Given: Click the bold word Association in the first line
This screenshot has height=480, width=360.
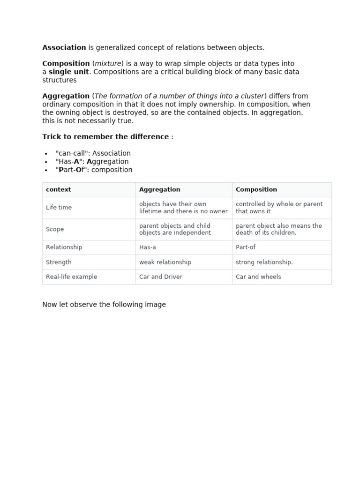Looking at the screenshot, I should [x=64, y=47].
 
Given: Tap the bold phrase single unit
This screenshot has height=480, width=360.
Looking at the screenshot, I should [x=68, y=72].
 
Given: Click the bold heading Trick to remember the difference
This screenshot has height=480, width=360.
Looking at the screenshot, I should [x=105, y=136].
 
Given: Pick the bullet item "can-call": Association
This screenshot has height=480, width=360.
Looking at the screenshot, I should [x=93, y=153].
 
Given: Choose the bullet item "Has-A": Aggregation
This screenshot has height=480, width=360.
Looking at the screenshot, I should [x=92, y=162].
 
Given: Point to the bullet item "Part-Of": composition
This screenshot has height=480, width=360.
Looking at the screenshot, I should [x=94, y=170].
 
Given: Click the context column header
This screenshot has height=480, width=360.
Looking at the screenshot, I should [x=59, y=189].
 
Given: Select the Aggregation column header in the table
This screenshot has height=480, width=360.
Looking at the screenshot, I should [x=159, y=189].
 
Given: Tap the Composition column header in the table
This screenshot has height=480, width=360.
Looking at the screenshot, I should [x=256, y=189].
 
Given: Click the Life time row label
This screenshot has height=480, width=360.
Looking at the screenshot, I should [x=59, y=207].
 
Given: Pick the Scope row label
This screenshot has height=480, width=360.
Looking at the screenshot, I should [x=55, y=229].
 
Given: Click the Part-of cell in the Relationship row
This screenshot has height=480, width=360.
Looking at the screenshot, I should [x=246, y=247].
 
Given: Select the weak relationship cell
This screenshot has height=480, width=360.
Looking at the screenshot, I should [x=165, y=262].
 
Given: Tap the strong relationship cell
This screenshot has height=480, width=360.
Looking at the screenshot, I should [x=264, y=262].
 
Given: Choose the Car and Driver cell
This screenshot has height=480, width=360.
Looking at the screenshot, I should [x=161, y=277].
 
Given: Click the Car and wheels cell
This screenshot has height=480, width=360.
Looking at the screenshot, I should [x=258, y=277].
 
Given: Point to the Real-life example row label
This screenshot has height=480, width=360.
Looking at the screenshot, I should [x=72, y=277].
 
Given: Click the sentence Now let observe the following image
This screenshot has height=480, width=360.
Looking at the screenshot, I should [x=104, y=304].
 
